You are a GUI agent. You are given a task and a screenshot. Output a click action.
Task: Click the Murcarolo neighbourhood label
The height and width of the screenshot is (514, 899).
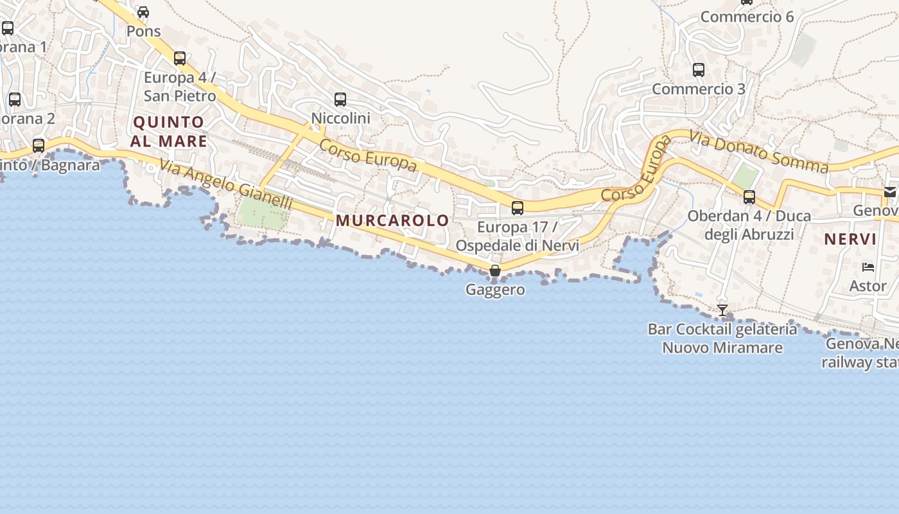point(392,220)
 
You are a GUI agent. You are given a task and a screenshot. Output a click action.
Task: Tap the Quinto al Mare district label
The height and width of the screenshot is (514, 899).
point(169,132)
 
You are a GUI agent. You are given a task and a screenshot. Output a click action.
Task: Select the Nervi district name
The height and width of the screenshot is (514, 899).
point(850,240)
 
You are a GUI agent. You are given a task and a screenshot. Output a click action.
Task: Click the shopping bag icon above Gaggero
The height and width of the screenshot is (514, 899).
point(494,270)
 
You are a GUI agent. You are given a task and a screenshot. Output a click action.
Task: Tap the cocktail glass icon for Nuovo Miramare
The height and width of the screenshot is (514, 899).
point(722,310)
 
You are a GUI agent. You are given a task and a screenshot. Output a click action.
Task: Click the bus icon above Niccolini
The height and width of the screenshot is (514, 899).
point(340,100)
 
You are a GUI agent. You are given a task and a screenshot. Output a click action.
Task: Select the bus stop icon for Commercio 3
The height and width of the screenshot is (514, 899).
point(699,70)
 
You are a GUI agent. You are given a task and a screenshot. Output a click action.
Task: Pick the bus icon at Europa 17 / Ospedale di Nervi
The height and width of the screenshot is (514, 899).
point(518,208)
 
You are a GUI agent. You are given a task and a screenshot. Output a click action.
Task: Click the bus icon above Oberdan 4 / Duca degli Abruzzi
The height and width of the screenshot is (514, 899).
point(749,197)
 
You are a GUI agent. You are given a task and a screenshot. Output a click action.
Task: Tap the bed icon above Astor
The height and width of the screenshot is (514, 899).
point(868,267)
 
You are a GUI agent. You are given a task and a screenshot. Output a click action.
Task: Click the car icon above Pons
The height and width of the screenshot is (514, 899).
point(143,12)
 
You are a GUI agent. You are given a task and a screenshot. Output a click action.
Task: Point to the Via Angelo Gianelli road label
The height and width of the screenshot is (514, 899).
point(226,186)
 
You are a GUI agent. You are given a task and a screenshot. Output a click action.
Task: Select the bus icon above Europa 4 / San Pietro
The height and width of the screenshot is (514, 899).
point(180,58)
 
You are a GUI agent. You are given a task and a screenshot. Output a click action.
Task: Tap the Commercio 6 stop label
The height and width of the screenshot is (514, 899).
point(747,17)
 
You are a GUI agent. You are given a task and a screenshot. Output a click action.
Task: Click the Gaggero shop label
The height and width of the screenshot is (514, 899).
point(495,290)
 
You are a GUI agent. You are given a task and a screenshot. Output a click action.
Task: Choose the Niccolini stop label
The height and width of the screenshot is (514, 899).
point(340,118)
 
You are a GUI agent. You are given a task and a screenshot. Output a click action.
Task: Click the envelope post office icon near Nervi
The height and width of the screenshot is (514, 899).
point(889,191)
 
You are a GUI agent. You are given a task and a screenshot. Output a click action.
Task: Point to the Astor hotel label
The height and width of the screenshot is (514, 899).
point(868,286)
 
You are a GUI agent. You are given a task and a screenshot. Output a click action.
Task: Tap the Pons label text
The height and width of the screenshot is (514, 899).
point(143,31)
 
